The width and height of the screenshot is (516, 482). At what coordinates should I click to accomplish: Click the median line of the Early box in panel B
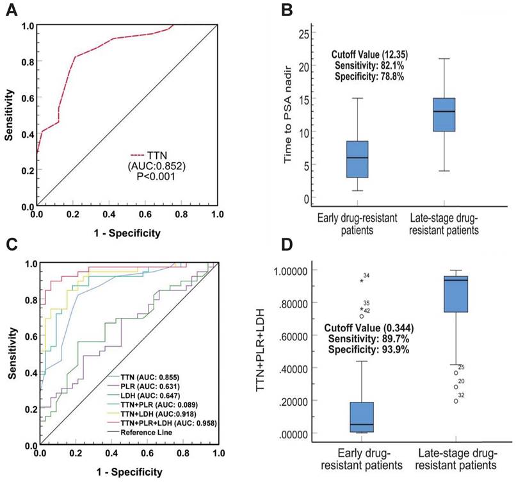pyautogui.click(x=357, y=158)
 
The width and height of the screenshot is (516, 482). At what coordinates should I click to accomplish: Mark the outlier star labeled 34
pyautogui.click(x=362, y=281)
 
